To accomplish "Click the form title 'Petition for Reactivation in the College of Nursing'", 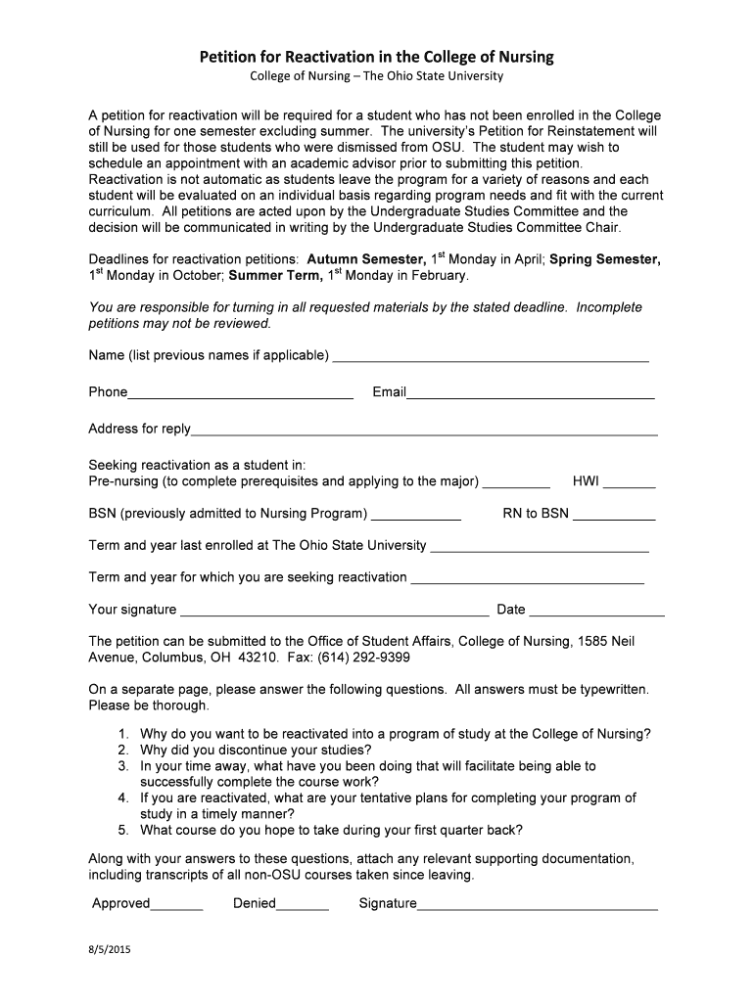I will coord(377,57).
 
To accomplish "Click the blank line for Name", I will coord(491,356).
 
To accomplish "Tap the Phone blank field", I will coord(240,393).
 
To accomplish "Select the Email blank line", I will coord(530,393).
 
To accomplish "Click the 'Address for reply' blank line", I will coord(424,431).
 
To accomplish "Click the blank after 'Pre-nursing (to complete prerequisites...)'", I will coord(517,483).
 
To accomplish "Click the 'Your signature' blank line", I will coord(334,612).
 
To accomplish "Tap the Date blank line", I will coord(596,612).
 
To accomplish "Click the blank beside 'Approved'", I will coord(176,905).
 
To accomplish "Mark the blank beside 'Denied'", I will coord(303,905).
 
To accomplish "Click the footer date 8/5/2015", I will coord(109,950).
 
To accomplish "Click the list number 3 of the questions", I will coord(123,766).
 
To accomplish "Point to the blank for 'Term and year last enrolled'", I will coord(540,547).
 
